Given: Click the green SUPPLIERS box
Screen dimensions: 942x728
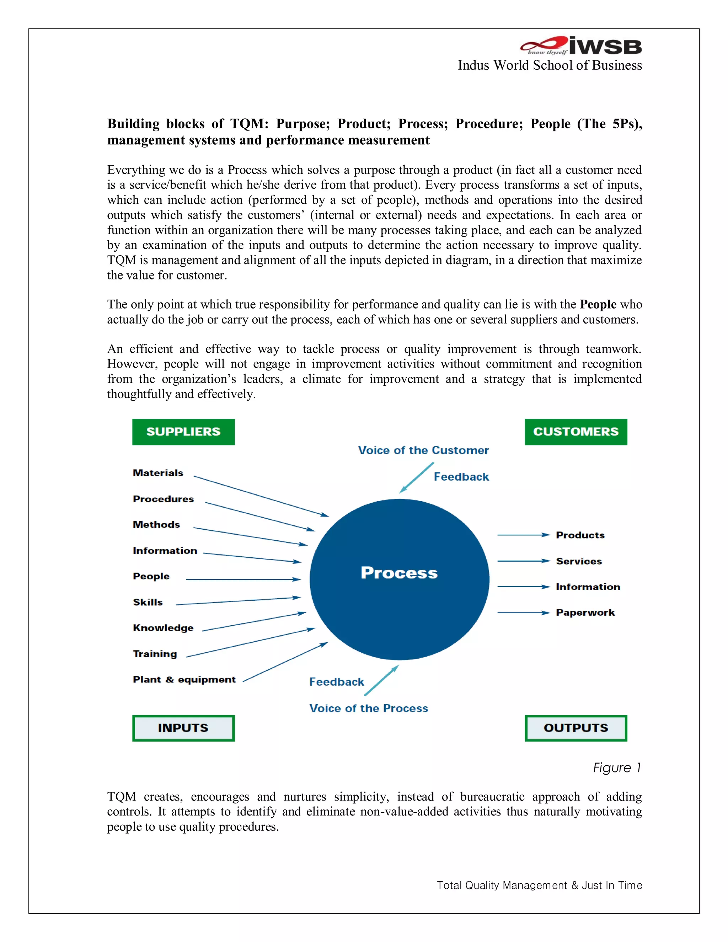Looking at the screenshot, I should (x=183, y=432).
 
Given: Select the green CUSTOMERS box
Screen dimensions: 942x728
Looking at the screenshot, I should (x=576, y=432).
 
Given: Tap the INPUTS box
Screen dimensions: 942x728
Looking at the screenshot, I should (x=183, y=728).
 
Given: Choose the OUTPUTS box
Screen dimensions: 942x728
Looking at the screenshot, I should (x=576, y=728).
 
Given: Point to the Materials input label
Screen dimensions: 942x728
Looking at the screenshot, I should (x=158, y=473).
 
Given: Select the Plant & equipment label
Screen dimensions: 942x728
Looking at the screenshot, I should (x=184, y=680).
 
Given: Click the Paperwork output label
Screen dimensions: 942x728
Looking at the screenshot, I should (x=585, y=612).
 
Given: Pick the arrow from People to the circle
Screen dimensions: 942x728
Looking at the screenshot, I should (x=243, y=579).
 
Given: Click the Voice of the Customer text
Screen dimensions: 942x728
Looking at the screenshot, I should (x=423, y=450).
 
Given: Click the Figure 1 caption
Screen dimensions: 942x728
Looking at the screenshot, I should (x=617, y=768).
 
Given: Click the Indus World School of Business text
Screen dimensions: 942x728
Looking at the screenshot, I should (x=550, y=65).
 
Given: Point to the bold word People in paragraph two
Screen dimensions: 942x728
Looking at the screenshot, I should (x=598, y=305).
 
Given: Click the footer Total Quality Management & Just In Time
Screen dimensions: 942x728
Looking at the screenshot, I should (x=539, y=885).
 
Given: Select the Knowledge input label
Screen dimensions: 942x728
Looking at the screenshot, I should (x=163, y=628).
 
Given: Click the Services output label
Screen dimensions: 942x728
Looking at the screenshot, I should (x=579, y=561).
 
